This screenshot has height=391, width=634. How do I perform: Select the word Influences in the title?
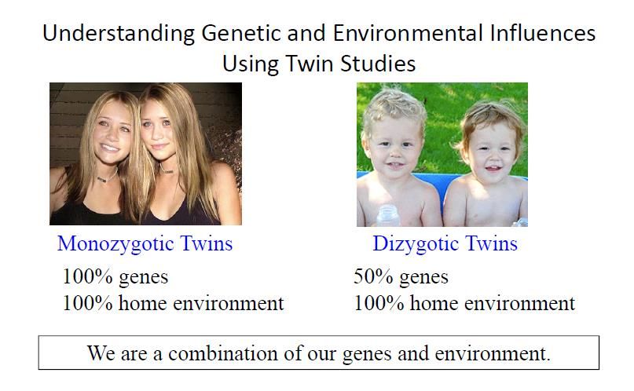[x=543, y=33]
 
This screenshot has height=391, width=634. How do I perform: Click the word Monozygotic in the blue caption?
[x=115, y=244]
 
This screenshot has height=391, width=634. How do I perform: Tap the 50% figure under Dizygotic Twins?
[x=373, y=276]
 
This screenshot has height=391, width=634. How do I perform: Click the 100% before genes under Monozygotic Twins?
[x=87, y=276]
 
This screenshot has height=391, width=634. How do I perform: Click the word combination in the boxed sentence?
[x=223, y=353]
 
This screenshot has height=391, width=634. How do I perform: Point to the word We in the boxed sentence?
[x=101, y=353]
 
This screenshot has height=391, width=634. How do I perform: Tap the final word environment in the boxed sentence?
[x=493, y=354]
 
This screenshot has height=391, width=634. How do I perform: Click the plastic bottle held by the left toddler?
[x=388, y=215]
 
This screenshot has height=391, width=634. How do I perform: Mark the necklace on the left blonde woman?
[x=107, y=177]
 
